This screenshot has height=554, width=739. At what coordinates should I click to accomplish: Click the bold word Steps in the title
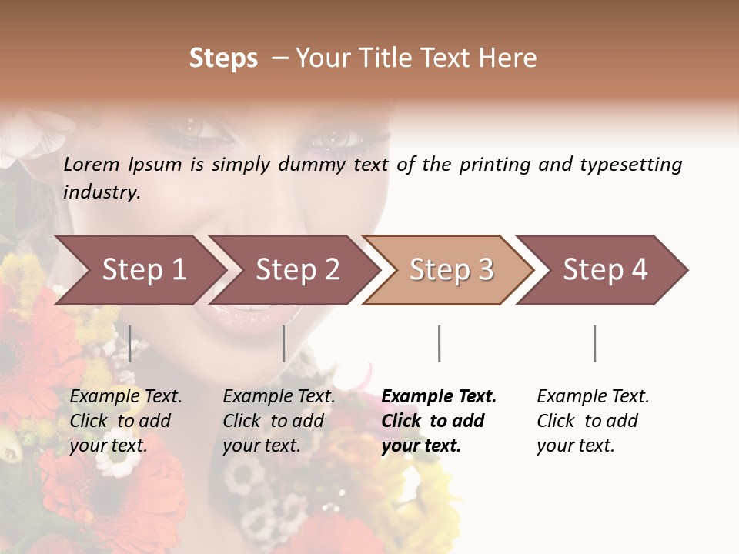point(223,58)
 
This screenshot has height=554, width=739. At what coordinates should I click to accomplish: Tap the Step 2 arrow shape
point(297,270)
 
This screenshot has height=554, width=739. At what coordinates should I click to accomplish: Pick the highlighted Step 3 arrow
point(451,270)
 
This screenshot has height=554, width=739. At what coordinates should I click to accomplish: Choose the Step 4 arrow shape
point(605,270)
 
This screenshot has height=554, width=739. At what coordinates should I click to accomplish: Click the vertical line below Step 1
point(130,343)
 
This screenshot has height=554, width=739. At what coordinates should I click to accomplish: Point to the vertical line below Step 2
point(284,343)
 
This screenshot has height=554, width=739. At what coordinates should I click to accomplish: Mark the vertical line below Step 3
point(439,343)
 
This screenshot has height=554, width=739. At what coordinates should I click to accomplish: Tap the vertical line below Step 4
point(594,343)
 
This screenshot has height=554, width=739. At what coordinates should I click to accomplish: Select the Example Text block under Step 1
point(125,421)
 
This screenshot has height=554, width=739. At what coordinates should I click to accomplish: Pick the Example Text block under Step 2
point(279,421)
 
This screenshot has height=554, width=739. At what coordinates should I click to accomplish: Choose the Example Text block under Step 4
point(593,421)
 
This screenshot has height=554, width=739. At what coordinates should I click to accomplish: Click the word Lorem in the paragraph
point(92,165)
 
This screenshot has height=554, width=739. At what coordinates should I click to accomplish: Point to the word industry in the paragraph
point(102,192)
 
